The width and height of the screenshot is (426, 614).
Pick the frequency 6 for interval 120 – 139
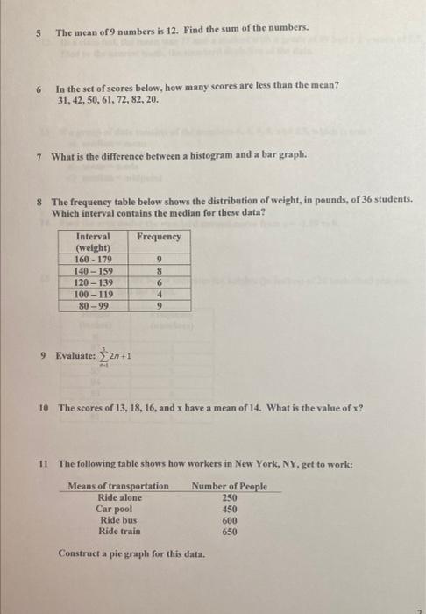point(159,283)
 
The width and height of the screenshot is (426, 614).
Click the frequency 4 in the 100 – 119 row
point(159,296)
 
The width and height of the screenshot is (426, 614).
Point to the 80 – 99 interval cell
point(93,307)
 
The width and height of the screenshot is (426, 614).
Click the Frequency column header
point(159,237)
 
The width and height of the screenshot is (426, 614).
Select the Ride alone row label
point(119,497)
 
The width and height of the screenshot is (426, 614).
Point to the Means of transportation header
point(118,486)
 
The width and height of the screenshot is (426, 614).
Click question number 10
point(44,408)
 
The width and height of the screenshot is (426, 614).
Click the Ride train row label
point(119,532)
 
